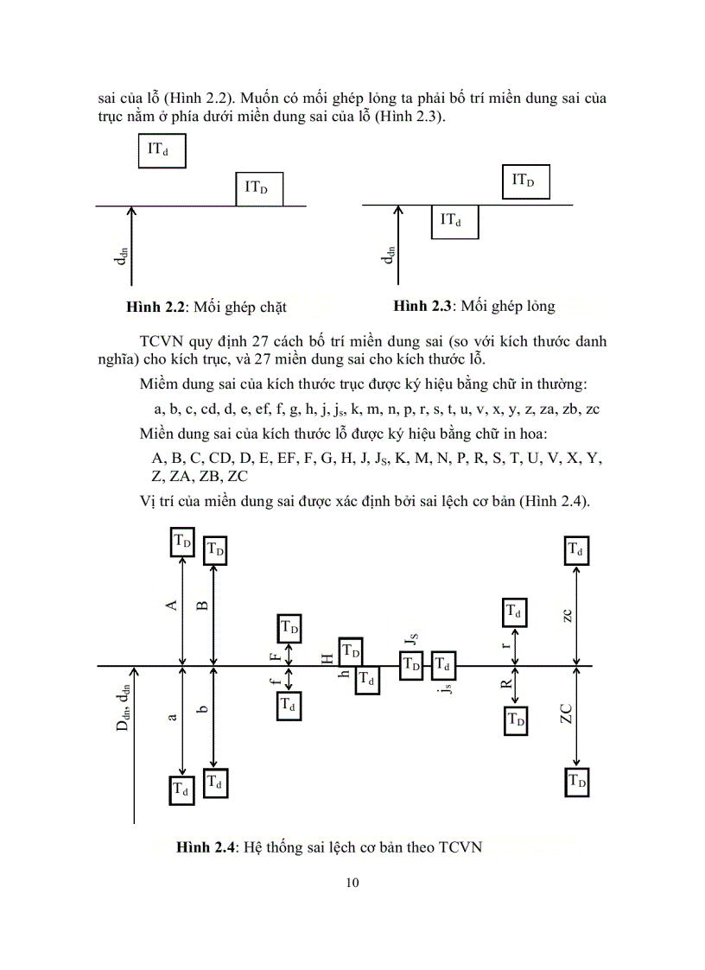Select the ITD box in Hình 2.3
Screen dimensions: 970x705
point(524,181)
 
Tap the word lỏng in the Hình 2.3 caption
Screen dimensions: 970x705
point(537,306)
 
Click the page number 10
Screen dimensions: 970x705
point(351,882)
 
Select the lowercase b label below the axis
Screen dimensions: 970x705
point(202,709)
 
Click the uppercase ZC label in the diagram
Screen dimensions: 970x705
point(566,713)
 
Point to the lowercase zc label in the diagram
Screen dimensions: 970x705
point(567,615)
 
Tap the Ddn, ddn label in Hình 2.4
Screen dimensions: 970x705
point(124,706)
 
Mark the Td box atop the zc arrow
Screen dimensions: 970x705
point(576,550)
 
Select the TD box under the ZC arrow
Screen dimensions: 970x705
point(577,782)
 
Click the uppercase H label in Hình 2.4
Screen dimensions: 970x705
point(327,659)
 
